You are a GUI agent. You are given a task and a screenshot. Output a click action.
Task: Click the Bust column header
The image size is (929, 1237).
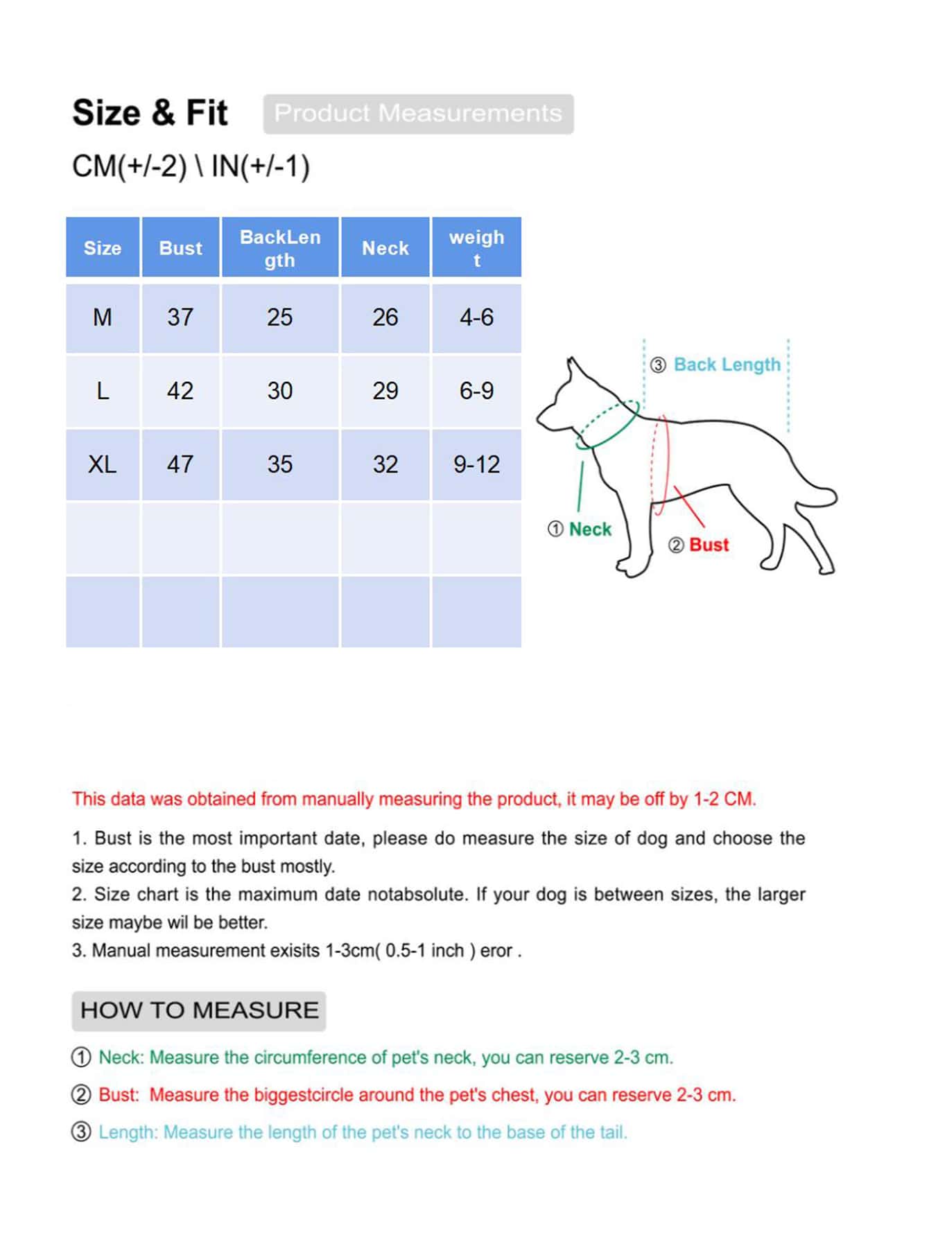tap(180, 248)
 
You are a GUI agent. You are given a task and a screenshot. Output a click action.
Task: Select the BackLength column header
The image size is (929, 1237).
tap(280, 248)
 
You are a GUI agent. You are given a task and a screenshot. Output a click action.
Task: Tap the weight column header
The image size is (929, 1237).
tap(476, 248)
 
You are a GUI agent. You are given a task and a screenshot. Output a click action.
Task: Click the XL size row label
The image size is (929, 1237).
tap(103, 464)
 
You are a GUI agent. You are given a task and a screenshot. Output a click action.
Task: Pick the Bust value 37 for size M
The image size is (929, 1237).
tap(180, 317)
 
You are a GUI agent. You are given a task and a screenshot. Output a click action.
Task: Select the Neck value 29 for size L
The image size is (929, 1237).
tap(385, 391)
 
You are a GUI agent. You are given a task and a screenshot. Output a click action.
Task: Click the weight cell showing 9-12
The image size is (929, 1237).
tap(476, 464)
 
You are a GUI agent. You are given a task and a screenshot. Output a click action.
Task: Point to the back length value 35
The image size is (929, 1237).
tap(280, 464)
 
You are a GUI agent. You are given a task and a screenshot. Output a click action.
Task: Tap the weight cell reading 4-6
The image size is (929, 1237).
tap(476, 317)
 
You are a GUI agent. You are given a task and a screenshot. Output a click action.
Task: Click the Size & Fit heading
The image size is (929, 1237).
tap(150, 113)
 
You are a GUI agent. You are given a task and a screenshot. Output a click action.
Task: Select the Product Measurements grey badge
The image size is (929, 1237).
tap(418, 114)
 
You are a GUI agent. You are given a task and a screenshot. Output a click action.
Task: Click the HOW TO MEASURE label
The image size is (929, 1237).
tap(199, 1010)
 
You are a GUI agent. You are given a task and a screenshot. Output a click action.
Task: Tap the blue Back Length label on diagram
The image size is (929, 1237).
tap(727, 365)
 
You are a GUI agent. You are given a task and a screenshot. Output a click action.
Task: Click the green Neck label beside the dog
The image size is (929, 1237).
tap(590, 529)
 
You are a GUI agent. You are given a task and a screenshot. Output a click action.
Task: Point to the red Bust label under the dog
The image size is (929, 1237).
tap(709, 545)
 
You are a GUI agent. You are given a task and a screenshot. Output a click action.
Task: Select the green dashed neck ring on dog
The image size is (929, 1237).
tap(607, 424)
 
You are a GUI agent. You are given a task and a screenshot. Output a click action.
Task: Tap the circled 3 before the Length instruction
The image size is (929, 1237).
tap(82, 1132)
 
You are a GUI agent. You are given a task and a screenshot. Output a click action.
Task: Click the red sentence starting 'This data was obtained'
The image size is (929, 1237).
tap(414, 799)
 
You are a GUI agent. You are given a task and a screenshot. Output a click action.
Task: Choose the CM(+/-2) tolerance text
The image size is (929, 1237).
tap(130, 166)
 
